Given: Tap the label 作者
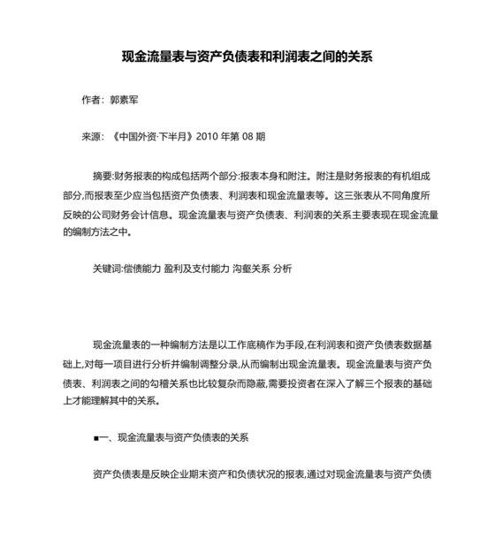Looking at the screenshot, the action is point(91,101).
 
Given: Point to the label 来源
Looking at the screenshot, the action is point(91,137).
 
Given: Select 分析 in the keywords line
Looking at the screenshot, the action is point(283,268).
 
